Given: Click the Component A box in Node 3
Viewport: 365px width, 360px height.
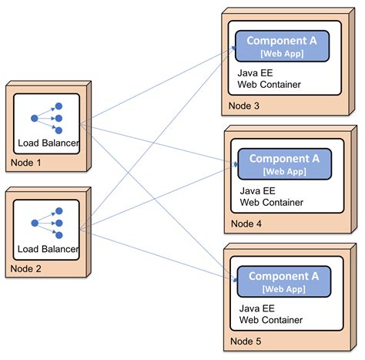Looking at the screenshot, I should pos(282,45).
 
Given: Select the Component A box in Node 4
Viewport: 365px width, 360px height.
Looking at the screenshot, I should pos(284,163).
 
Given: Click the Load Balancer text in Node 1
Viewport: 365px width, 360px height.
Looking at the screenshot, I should pos(49,143).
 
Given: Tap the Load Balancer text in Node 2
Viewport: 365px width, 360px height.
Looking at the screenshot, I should pos(49,249).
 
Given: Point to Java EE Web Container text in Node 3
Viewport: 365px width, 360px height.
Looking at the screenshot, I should pos(269,78).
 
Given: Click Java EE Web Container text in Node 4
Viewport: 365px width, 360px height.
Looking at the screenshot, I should pos(271,197).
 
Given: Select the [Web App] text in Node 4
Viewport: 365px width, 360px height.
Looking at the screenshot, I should pos(284,170).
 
